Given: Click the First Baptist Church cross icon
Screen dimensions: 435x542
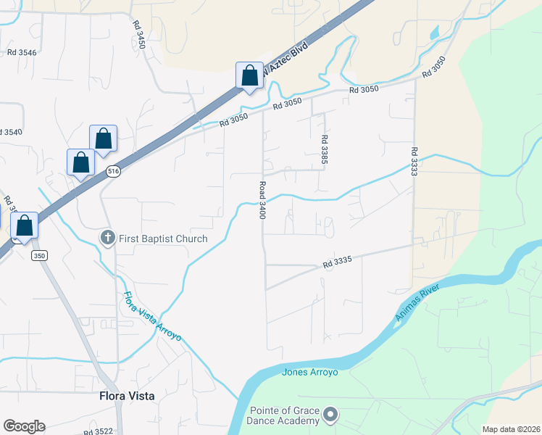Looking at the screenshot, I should tap(107, 238).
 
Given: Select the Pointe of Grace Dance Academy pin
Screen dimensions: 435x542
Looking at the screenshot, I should tap(330, 415).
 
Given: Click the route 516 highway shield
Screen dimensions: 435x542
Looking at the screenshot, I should tap(112, 171).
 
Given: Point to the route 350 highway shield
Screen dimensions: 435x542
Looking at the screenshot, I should tap(39, 256).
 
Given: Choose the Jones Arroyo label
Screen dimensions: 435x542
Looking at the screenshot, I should tap(309, 373).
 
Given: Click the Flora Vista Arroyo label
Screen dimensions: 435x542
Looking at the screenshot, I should tap(152, 318).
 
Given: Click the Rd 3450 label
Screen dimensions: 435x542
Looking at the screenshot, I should tap(140, 34).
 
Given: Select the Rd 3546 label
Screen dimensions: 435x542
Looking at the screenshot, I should tap(22, 52).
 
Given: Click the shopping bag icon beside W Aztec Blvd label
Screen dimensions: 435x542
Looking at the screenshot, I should tap(249, 75).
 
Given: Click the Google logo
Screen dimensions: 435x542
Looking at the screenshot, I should tap(24, 426).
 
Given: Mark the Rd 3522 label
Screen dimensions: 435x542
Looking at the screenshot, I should tap(98, 431).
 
